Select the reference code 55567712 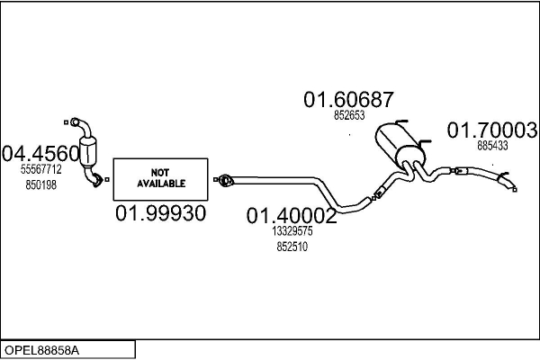[x=41, y=169]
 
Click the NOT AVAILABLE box [x=161, y=178]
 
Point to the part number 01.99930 [x=161, y=214]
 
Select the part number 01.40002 [x=292, y=216]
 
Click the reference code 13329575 [x=292, y=231]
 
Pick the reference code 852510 [x=292, y=246]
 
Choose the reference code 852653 [x=348, y=116]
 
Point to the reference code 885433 [x=492, y=146]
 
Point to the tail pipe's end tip [x=514, y=188]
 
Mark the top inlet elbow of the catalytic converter [x=76, y=124]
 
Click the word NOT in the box [x=161, y=172]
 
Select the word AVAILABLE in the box [x=161, y=184]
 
